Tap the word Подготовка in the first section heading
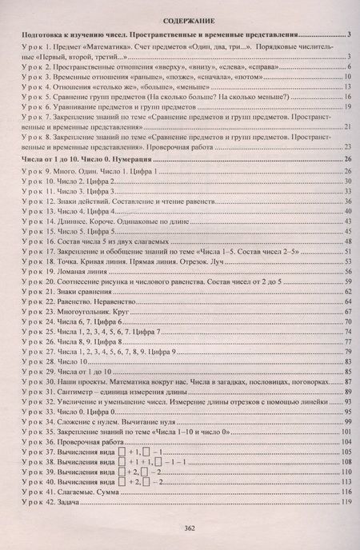click(38, 37)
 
